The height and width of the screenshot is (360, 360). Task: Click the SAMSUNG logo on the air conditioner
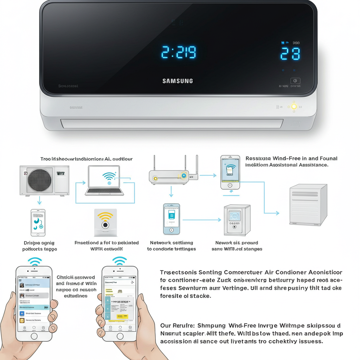(x=178, y=81)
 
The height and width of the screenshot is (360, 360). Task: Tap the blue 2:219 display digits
(x=179, y=52)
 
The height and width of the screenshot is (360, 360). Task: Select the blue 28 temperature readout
(x=290, y=54)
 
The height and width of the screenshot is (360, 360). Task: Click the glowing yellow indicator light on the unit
(x=294, y=106)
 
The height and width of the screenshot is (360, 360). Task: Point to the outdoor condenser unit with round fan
(x=44, y=180)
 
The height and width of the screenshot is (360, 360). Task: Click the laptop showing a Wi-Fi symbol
(x=105, y=180)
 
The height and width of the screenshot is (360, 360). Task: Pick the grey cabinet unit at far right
(x=308, y=205)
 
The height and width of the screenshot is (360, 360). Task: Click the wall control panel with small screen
(x=237, y=220)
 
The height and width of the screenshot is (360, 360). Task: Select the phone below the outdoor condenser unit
(x=38, y=223)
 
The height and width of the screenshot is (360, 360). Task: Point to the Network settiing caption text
(x=171, y=243)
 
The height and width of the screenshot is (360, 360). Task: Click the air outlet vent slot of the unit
(x=172, y=123)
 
